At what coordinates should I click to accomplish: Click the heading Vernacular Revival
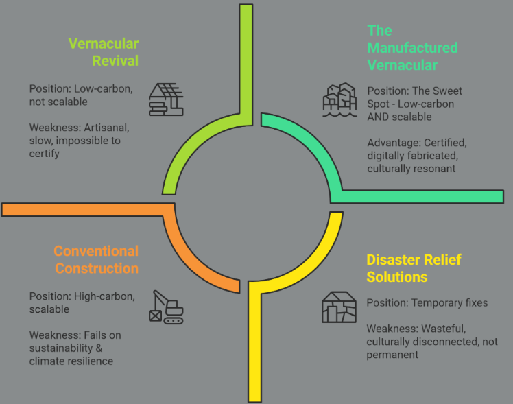[x=104, y=52]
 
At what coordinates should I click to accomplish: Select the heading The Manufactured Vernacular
[x=411, y=48]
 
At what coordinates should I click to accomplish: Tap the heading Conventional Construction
[x=96, y=259]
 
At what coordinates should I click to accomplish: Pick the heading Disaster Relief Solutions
[x=414, y=268]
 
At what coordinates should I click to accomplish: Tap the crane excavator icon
[x=166, y=307]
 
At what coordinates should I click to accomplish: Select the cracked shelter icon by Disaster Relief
[x=339, y=307]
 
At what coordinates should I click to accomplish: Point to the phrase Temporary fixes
[x=449, y=302]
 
